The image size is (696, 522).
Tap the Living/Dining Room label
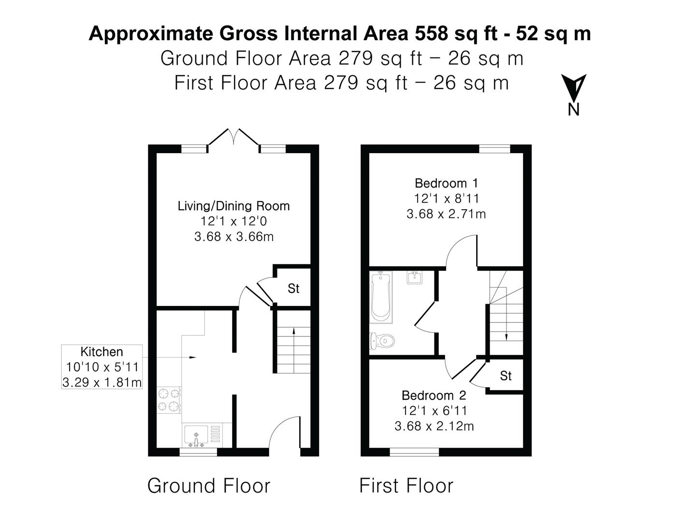(233, 206)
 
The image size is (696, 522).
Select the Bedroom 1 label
(446, 183)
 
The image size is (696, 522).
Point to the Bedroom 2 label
(434, 395)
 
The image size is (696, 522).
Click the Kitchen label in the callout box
(101, 352)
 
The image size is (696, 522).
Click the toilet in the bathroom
(382, 340)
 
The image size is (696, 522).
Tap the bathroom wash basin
(414, 278)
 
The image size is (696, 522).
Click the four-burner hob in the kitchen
(169, 400)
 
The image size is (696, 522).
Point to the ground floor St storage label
(293, 289)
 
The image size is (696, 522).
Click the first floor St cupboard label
(506, 376)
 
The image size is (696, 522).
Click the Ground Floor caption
(208, 485)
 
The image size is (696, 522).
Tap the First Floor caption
(406, 485)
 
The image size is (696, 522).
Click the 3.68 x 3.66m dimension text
(233, 237)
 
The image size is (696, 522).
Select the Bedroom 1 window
(494, 149)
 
